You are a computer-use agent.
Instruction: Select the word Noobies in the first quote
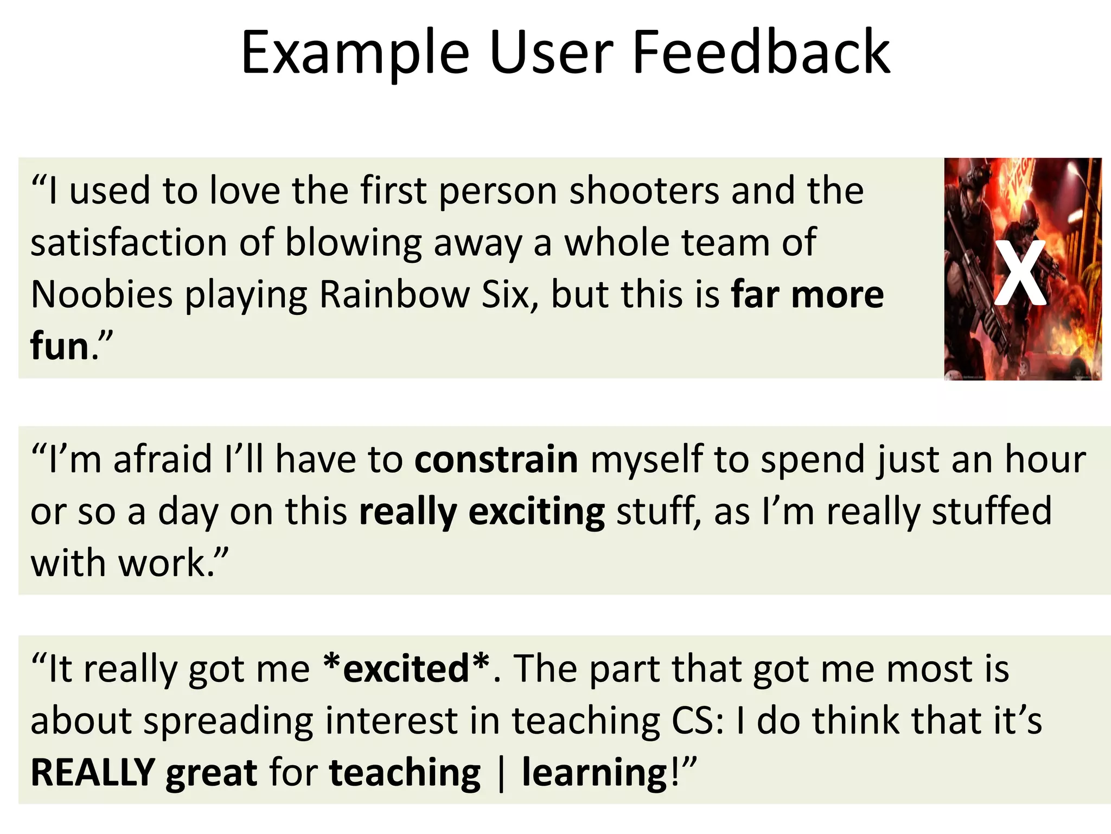(x=101, y=295)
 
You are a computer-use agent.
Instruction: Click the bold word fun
(x=60, y=346)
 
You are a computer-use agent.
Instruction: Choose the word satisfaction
(x=129, y=243)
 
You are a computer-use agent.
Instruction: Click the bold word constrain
(x=496, y=459)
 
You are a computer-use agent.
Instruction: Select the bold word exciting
(x=537, y=511)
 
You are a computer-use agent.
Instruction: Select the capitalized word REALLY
(x=93, y=772)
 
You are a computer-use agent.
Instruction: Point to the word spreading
(x=228, y=722)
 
